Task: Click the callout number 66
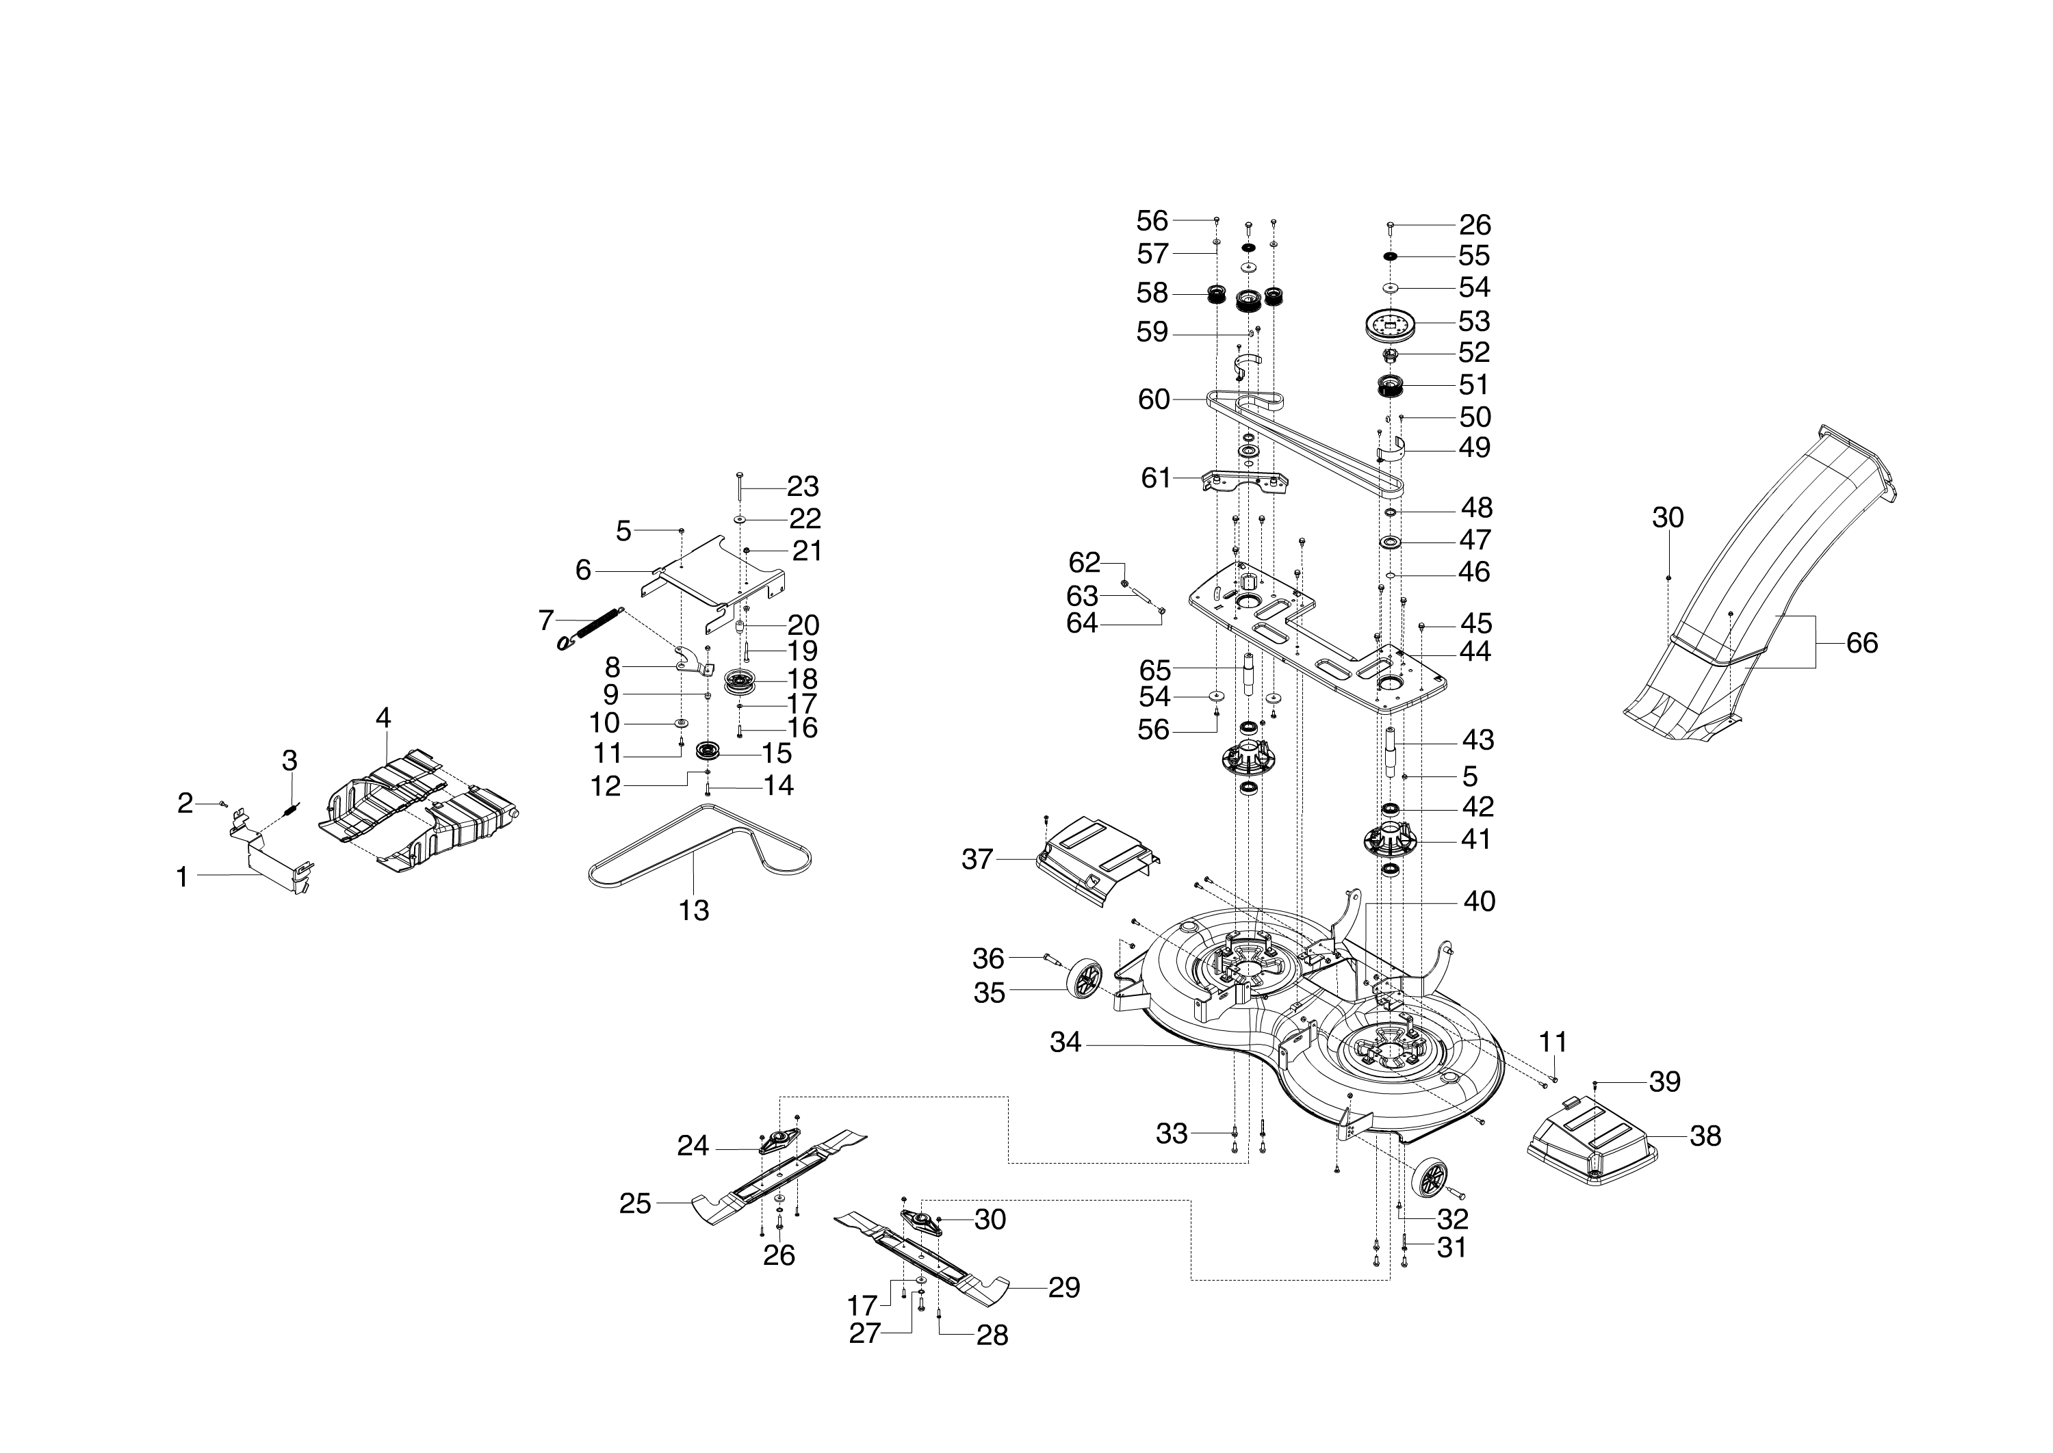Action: (1861, 643)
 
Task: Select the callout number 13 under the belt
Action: (694, 911)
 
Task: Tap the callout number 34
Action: (1065, 1043)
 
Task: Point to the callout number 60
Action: (1154, 400)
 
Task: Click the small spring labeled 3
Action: (289, 809)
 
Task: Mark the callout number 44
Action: (1475, 651)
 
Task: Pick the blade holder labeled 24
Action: (777, 1142)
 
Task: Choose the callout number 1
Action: (183, 878)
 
